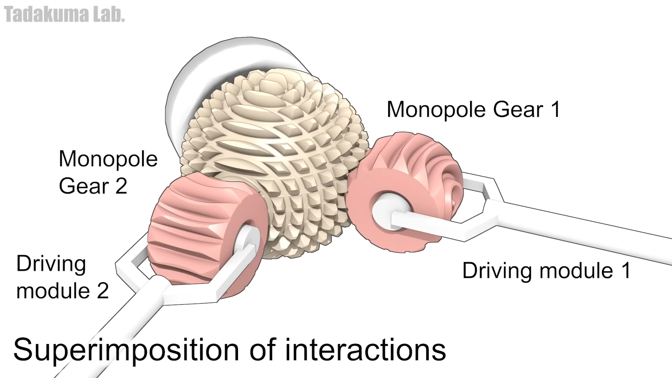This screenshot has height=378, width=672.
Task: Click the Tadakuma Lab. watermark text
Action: [64, 15]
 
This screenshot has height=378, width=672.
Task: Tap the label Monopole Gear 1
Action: [473, 110]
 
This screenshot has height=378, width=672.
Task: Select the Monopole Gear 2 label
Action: [108, 172]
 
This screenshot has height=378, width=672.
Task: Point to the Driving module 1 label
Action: [546, 271]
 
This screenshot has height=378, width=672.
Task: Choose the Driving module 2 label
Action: [62, 277]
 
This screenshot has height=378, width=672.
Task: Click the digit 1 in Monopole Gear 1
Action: [555, 110]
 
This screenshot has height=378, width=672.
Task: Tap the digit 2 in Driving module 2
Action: [103, 291]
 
